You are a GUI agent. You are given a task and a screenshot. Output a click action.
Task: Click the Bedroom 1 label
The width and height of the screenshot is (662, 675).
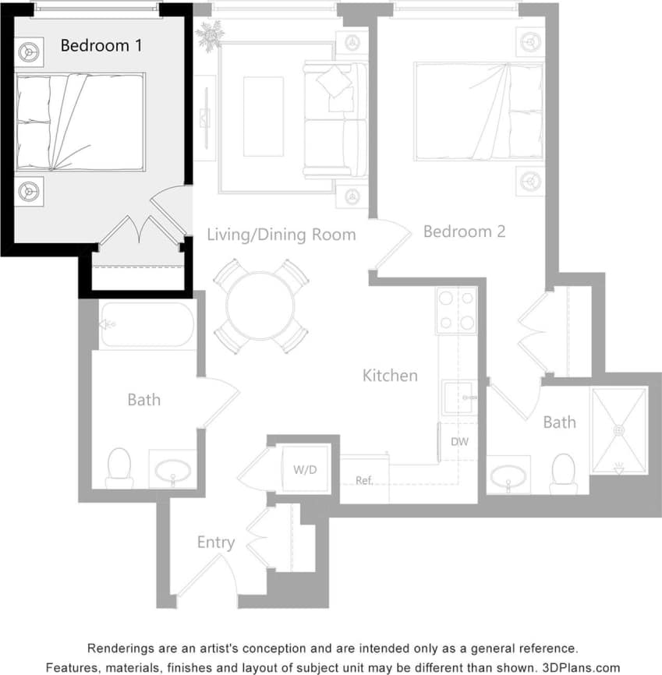[x=101, y=45]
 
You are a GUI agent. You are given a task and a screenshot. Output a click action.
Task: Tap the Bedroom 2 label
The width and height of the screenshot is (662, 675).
[x=464, y=231]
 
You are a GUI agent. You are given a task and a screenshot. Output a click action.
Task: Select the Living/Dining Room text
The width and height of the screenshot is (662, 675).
[x=281, y=235]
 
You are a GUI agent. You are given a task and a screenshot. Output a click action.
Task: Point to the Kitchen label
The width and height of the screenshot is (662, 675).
[x=390, y=376]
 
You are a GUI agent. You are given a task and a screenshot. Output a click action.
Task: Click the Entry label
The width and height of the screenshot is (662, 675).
[x=215, y=542]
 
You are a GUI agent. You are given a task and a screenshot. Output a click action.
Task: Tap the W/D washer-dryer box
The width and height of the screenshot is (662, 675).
[x=304, y=469]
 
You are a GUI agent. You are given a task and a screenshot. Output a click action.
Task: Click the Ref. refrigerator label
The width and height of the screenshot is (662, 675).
[x=365, y=480]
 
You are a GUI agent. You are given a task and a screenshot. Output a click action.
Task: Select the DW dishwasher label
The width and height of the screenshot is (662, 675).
[x=459, y=442]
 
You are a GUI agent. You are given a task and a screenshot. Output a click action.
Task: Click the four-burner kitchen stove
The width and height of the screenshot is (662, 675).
[x=457, y=310]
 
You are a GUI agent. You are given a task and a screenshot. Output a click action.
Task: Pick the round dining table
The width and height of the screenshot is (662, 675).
[x=260, y=306]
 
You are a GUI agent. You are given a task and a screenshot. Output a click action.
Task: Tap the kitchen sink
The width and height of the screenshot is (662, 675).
[x=458, y=398]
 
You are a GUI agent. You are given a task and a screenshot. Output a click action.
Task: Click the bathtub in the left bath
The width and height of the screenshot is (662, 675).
[x=147, y=324]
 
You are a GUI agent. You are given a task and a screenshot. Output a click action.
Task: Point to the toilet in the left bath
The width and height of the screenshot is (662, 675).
[x=119, y=467]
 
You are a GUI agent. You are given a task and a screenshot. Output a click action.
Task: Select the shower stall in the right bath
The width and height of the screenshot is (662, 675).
[x=619, y=430]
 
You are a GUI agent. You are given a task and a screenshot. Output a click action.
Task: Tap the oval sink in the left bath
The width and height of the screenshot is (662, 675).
[x=172, y=471]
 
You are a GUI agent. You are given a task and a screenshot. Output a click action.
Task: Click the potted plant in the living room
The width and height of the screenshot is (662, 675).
[x=209, y=34]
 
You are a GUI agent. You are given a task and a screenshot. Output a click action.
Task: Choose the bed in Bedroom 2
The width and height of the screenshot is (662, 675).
[x=478, y=111]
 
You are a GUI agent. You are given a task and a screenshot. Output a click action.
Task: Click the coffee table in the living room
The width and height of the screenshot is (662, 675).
[x=263, y=116]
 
